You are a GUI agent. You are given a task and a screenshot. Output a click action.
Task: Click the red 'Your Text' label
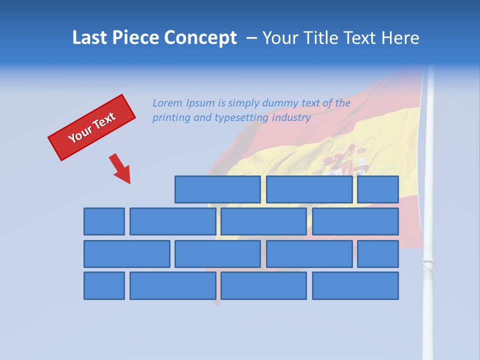point(91,127)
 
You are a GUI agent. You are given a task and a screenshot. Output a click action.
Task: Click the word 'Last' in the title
point(90,37)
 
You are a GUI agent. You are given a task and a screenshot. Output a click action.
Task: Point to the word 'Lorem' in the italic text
point(168,103)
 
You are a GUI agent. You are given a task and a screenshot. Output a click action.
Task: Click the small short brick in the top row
point(378,189)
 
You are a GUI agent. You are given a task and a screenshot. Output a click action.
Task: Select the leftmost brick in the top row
point(217,189)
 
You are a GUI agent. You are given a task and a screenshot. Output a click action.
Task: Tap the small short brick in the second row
point(104,221)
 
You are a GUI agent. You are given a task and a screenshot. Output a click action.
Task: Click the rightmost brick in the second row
point(355,221)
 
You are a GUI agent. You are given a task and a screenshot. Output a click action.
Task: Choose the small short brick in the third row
point(378,254)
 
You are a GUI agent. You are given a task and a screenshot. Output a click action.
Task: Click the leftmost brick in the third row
point(126,254)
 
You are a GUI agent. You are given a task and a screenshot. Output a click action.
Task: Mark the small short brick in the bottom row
point(104,286)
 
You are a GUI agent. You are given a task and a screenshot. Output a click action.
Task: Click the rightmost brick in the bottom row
point(355,286)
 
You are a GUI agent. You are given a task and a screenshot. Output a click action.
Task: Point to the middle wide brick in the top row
point(309,189)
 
